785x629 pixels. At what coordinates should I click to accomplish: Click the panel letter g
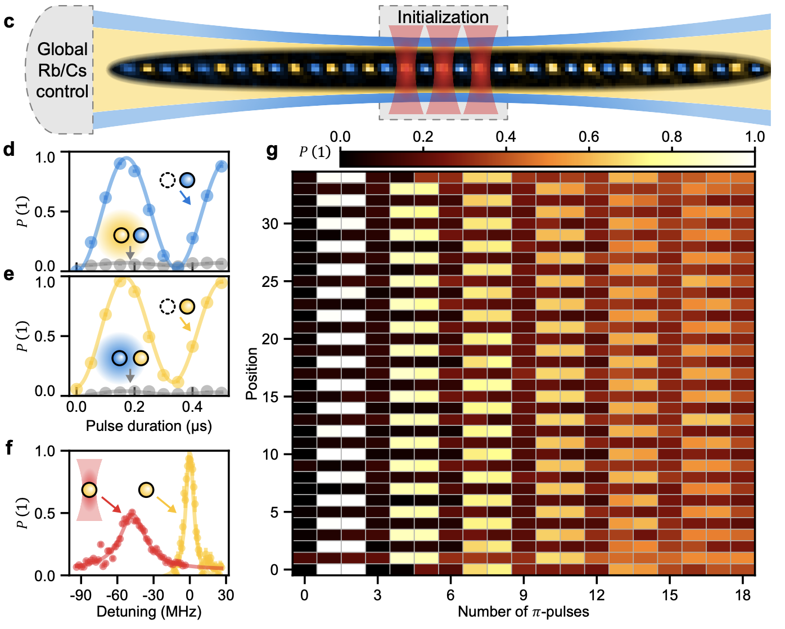(272, 150)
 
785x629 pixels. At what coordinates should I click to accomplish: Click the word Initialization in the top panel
(443, 17)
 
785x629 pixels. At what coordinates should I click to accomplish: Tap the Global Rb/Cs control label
(62, 70)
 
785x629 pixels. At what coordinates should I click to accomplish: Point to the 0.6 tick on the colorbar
(589, 137)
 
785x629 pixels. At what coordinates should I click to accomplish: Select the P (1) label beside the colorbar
(315, 152)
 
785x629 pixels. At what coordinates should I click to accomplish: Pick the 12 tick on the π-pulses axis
(597, 595)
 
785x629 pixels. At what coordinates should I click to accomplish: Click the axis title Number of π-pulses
(523, 612)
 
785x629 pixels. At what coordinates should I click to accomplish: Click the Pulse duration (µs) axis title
(148, 426)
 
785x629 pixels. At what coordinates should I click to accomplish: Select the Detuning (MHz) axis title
(148, 612)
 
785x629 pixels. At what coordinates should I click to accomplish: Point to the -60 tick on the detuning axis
(117, 595)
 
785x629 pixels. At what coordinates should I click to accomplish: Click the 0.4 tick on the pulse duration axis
(192, 407)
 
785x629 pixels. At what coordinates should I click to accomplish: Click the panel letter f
(8, 448)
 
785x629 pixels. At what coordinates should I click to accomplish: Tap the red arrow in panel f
(111, 505)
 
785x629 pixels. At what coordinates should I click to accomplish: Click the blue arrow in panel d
(185, 197)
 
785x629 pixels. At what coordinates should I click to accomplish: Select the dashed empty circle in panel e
(167, 307)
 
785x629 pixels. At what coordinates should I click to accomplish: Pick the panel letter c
(8, 22)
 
